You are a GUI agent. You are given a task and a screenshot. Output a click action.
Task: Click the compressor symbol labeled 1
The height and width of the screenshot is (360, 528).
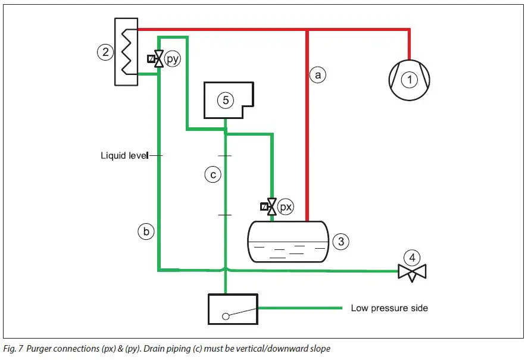(409, 79)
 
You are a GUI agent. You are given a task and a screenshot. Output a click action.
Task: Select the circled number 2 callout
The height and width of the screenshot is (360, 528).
(105, 52)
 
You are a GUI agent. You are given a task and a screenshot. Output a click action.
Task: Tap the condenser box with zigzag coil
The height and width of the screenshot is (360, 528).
(126, 51)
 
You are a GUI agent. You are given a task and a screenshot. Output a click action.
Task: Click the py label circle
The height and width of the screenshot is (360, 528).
(173, 60)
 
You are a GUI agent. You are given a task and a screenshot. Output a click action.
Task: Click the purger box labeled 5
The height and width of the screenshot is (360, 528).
(226, 100)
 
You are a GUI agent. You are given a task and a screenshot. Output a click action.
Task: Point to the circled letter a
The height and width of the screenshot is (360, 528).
(318, 75)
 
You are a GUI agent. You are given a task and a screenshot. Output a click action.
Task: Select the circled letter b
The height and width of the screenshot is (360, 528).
(146, 231)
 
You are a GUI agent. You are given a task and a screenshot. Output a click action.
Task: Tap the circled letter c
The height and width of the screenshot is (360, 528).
(213, 174)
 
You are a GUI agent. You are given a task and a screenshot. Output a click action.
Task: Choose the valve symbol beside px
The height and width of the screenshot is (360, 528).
(271, 207)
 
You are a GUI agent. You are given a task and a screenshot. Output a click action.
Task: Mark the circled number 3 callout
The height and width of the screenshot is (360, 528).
(340, 242)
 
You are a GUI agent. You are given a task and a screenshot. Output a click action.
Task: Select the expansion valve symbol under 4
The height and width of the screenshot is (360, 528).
(412, 273)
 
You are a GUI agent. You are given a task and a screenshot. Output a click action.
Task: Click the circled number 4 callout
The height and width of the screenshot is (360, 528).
(412, 258)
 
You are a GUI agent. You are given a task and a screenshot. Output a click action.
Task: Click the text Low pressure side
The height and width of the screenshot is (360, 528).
(389, 308)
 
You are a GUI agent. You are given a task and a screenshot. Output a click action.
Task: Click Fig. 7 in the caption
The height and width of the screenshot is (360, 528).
(13, 348)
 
